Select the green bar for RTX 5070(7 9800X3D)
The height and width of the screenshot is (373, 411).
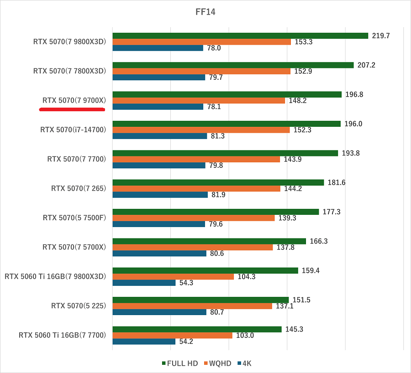(240, 36)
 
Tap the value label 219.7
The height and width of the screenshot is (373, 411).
(381, 36)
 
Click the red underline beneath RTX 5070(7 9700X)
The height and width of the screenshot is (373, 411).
(72, 109)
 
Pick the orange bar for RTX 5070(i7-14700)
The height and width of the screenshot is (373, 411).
(201, 130)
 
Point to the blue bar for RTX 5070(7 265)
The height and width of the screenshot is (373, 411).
(160, 195)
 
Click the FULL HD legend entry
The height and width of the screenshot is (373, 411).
(180, 363)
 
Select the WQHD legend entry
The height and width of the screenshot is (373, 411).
(219, 363)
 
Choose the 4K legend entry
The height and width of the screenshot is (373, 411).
(247, 363)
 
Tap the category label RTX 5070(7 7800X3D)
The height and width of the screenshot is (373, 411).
(69, 71)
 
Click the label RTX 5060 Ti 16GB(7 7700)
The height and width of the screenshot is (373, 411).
(62, 335)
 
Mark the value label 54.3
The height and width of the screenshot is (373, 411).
(186, 283)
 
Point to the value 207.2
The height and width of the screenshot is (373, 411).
(366, 65)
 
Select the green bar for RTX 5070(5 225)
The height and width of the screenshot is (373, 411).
(200, 300)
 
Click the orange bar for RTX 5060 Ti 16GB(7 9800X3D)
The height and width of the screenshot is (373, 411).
(173, 276)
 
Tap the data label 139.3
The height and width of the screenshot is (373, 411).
(287, 218)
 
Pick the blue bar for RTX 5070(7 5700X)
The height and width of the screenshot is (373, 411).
(159, 254)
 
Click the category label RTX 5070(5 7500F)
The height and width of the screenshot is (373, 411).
(74, 218)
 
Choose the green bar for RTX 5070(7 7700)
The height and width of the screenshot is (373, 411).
(225, 153)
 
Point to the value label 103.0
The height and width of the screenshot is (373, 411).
(245, 335)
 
